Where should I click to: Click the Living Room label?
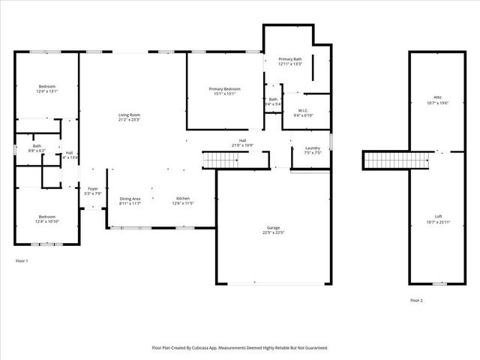click(x=129, y=115)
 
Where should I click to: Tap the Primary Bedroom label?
click(x=223, y=88)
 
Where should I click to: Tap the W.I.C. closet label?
click(x=301, y=110)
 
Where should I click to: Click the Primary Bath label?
click(x=289, y=58)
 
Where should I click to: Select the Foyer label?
click(x=93, y=188)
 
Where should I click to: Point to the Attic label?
click(x=438, y=97)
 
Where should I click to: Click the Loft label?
click(x=438, y=217)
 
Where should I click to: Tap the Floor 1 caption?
click(x=22, y=260)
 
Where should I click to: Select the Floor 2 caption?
click(x=416, y=300)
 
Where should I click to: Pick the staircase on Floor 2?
click(x=398, y=160)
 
